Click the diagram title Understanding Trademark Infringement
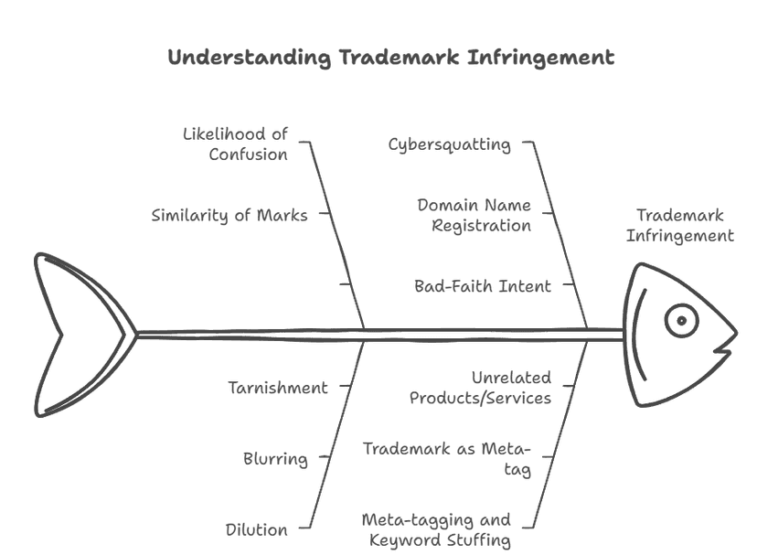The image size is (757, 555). pos(391,58)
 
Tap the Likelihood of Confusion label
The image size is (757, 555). pos(236,144)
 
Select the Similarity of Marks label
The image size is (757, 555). pos(229,216)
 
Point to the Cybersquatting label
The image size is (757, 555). pos(450,144)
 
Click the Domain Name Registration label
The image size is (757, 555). pos(474,215)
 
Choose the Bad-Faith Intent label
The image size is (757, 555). pos(483,286)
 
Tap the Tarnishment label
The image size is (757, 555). pos(278,388)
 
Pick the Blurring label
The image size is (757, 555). pos(275,459)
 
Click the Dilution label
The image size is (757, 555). pos(257,529)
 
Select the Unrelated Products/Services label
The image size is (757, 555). pos(480,388)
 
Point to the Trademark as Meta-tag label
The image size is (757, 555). pos(447,459)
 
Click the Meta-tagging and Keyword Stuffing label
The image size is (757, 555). pos(436,529)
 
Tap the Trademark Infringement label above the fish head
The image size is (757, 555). pos(679,226)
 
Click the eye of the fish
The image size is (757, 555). pos(681,320)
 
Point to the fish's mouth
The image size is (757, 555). pos(722,348)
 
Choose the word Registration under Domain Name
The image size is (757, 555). pos(481,225)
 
